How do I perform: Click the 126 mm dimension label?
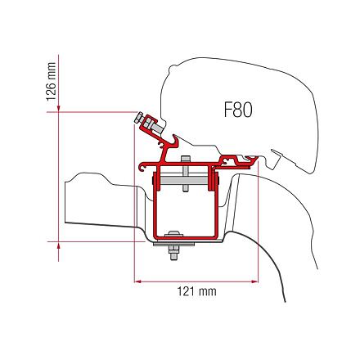coord(51,82)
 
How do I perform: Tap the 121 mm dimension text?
coord(197,291)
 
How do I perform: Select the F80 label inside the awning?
coord(238,110)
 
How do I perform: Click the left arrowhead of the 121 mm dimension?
coord(138,281)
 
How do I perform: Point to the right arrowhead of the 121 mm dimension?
coord(254,281)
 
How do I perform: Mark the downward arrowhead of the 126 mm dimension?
coord(58,109)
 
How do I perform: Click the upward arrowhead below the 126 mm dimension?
coord(58,245)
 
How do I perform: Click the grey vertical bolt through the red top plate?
coord(185,173)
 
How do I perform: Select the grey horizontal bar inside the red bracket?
coord(183,180)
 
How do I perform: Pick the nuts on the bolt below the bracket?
coord(174,253)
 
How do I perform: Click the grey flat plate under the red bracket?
coord(173,244)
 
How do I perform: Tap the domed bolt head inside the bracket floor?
coord(174,234)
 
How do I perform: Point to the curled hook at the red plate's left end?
coord(142,168)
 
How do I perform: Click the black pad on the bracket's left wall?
coord(153,181)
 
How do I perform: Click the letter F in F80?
coord(228,110)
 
